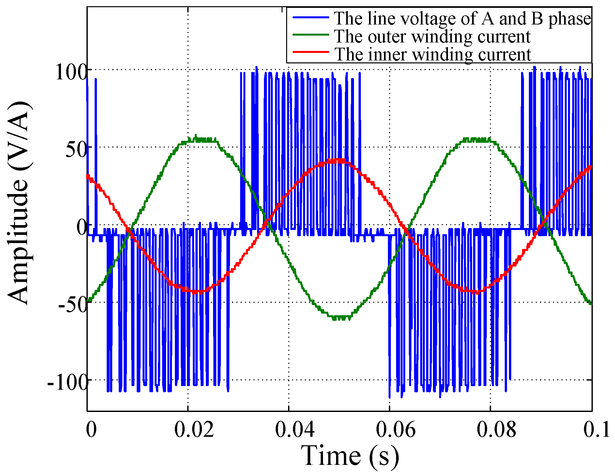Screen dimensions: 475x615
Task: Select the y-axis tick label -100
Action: point(68,382)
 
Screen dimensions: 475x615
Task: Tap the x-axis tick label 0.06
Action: point(395,430)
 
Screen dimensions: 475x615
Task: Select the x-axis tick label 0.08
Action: point(496,430)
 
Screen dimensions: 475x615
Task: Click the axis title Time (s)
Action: point(350,456)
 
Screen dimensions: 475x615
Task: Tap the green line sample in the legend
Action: point(310,35)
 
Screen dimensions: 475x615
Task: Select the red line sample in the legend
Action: point(310,52)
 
